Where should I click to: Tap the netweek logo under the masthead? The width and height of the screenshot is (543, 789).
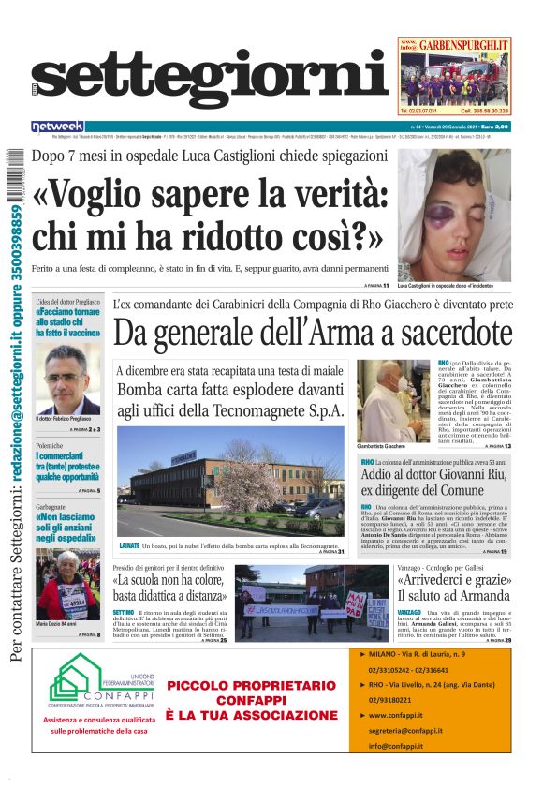click(57, 127)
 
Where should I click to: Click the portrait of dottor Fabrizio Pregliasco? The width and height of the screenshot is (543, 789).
click(68, 380)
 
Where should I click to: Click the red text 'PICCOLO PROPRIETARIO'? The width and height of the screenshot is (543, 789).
click(251, 685)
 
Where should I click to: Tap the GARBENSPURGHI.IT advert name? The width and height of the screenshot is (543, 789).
click(463, 44)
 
